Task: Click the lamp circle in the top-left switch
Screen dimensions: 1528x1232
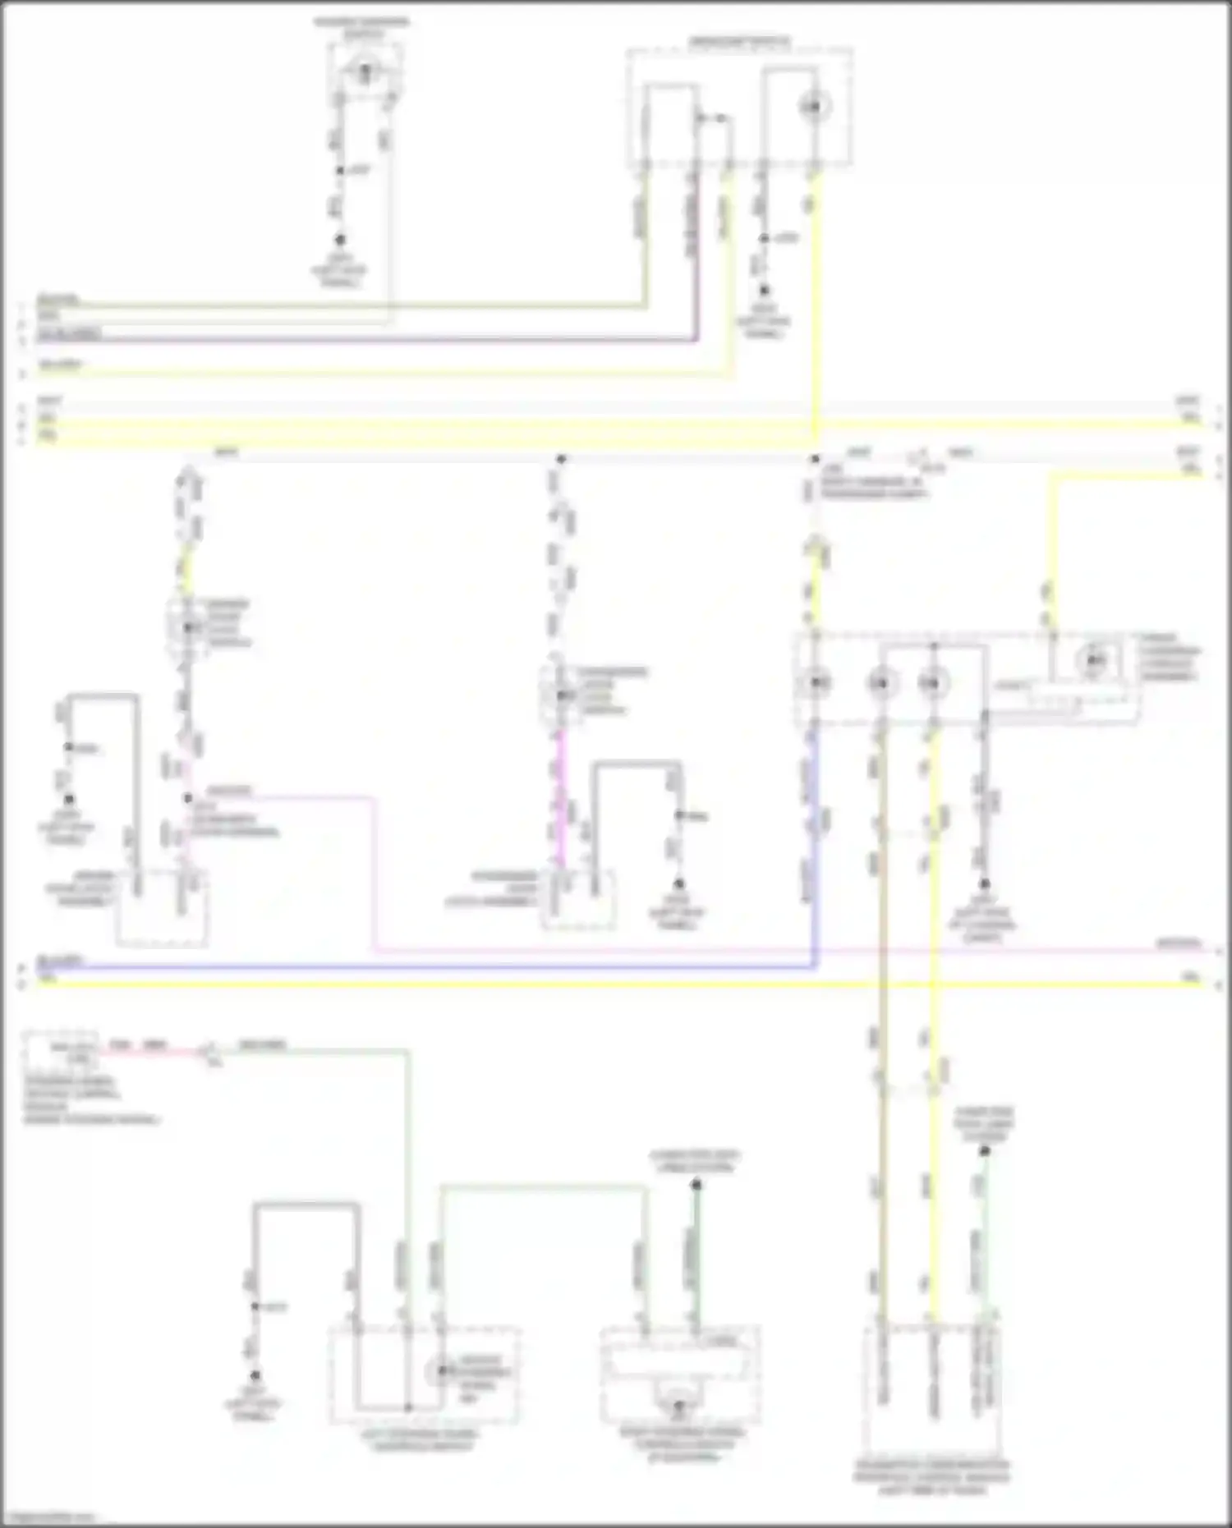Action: coord(366,71)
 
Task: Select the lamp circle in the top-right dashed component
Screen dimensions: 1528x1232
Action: coord(815,107)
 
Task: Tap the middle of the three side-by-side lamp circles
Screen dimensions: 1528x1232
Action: coord(880,682)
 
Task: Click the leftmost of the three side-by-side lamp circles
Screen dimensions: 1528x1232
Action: coord(816,682)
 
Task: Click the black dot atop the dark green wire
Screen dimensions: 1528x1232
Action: coord(696,1185)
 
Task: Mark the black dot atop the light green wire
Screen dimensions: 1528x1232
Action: coord(984,1151)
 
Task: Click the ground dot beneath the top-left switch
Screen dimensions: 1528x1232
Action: coord(340,240)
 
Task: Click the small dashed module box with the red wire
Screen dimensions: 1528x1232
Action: coord(62,1051)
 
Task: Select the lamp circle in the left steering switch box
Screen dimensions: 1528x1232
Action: coord(442,1370)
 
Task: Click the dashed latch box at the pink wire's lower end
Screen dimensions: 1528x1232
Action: coord(162,907)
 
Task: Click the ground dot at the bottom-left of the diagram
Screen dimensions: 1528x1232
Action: coord(255,1375)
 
